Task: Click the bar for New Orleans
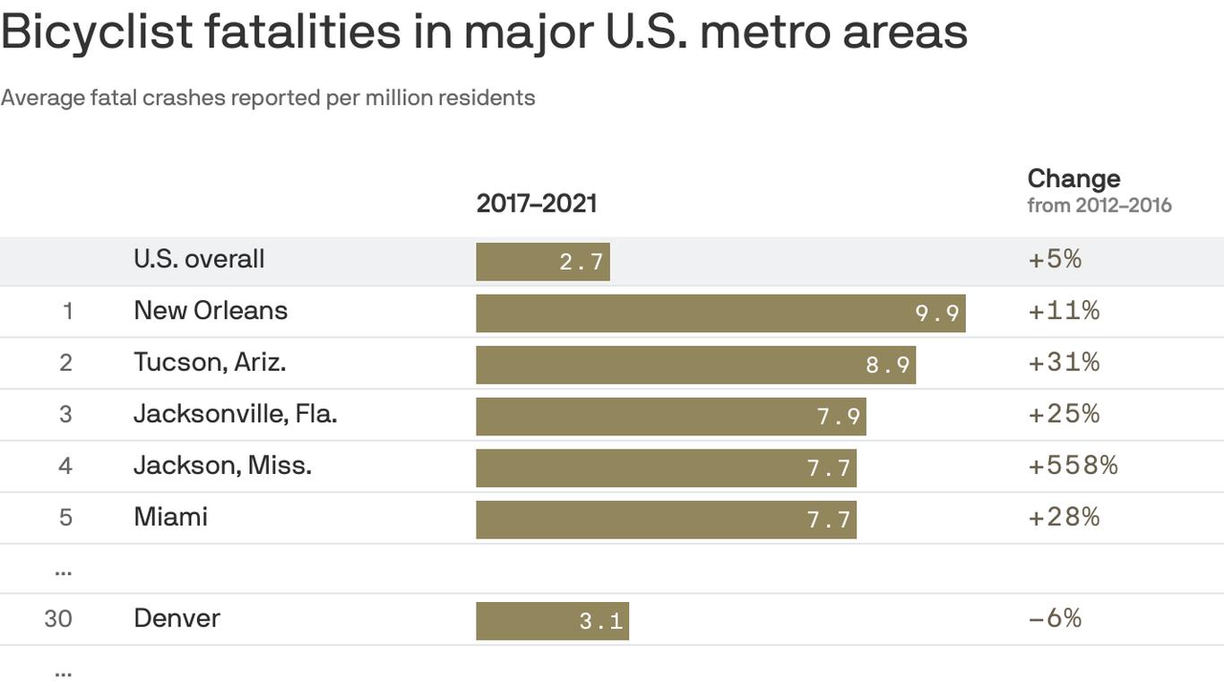click(720, 314)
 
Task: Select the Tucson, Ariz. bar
click(695, 365)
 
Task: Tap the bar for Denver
click(552, 621)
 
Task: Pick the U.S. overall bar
click(542, 262)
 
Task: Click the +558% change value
click(1073, 466)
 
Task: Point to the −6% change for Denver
click(1055, 618)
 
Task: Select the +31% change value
click(1064, 363)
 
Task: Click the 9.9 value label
click(937, 314)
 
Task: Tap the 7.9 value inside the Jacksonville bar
click(839, 417)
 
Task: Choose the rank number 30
click(58, 619)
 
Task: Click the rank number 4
click(65, 466)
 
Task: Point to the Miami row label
click(170, 517)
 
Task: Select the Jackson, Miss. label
click(222, 466)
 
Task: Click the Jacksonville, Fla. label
click(235, 414)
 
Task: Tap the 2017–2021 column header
click(536, 203)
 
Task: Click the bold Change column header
click(1073, 177)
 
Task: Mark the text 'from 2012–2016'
click(1099, 205)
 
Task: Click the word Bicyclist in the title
click(97, 32)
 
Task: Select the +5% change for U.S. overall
click(1055, 260)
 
